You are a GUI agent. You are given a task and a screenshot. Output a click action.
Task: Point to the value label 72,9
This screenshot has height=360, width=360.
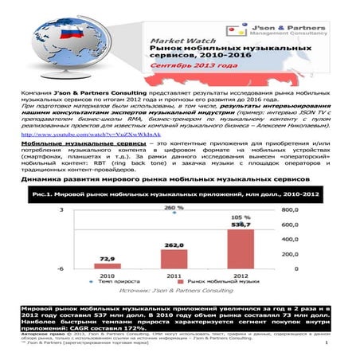click(x=111, y=258)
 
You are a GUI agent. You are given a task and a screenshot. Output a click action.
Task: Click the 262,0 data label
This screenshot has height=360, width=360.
click(x=174, y=245)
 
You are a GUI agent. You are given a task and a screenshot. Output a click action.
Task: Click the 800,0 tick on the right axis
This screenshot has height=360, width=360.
click(x=289, y=210)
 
